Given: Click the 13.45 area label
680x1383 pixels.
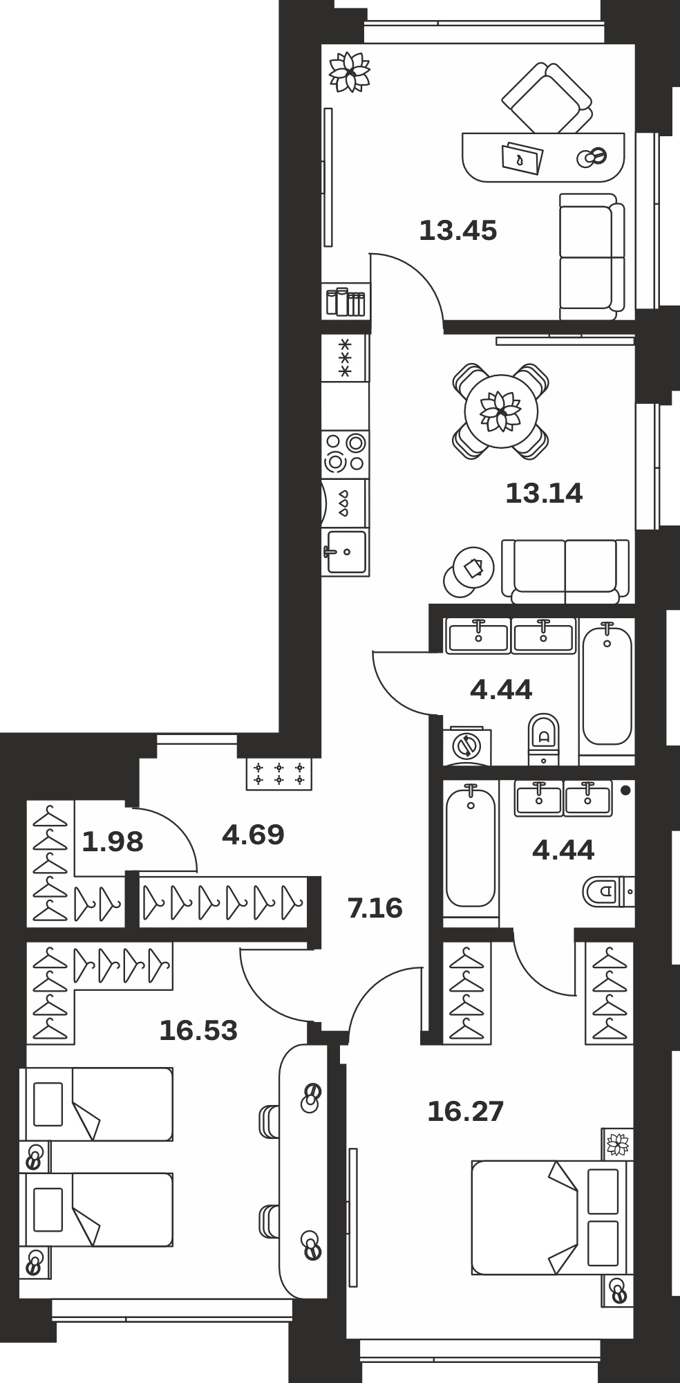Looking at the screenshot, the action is tap(458, 230).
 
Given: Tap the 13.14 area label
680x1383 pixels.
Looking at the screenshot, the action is tap(545, 493).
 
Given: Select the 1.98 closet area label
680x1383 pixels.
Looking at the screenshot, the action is tap(113, 842).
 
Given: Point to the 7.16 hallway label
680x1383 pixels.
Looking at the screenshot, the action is tap(375, 907).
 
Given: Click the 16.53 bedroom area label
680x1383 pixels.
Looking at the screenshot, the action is tap(198, 1030).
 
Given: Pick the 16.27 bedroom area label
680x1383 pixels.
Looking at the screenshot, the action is tap(466, 1111).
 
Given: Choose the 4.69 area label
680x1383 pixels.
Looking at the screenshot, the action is tap(253, 835).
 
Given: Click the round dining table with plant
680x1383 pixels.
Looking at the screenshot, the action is tap(501, 412).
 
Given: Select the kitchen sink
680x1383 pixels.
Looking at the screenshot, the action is tap(346, 552).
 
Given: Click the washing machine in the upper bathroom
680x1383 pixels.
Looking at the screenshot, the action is tap(467, 745).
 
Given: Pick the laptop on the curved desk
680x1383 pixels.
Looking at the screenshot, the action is tap(522, 158).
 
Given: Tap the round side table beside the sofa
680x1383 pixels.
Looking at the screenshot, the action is tap(469, 571).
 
